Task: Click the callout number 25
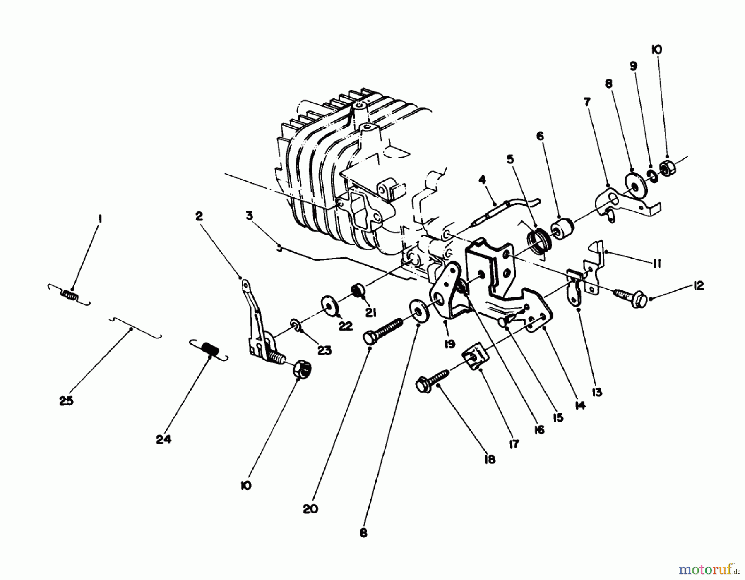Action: coord(66,401)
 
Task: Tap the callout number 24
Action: coord(163,440)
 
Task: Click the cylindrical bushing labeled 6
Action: coord(561,229)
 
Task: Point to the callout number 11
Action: coord(657,264)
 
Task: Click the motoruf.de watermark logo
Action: coord(709,569)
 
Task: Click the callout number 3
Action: coord(249,216)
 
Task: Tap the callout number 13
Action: coord(596,392)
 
